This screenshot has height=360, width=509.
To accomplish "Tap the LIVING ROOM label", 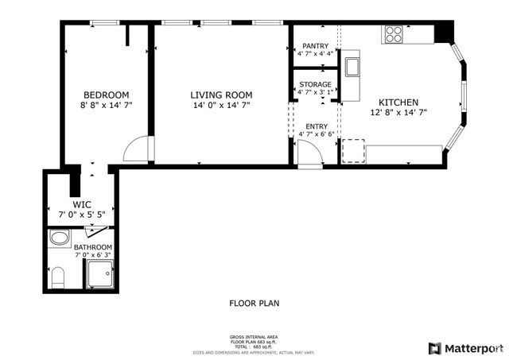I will click(x=220, y=95).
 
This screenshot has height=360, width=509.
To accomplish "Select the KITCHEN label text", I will click(x=398, y=103).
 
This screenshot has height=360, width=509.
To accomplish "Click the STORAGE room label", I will click(x=315, y=84).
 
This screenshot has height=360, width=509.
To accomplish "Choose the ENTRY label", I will click(x=316, y=126).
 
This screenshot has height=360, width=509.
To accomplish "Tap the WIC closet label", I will click(x=82, y=204).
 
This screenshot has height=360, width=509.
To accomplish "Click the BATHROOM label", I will click(x=93, y=247).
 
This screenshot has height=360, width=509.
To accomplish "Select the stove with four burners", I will click(x=394, y=34).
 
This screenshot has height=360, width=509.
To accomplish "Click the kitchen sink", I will click(x=352, y=64).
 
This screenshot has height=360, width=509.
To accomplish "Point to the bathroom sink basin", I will click(x=58, y=238).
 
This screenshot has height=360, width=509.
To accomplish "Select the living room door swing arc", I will click(x=137, y=149).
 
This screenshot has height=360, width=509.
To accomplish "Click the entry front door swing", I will click(x=309, y=155).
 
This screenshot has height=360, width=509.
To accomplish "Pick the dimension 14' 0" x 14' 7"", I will click(x=220, y=106).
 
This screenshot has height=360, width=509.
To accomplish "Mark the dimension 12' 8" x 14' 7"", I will click(x=398, y=113).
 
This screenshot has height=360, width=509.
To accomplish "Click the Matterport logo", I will click(x=465, y=347).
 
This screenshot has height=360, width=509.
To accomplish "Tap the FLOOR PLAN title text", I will click(x=254, y=303).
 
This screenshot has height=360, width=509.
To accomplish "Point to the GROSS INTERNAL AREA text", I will click(x=254, y=337).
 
